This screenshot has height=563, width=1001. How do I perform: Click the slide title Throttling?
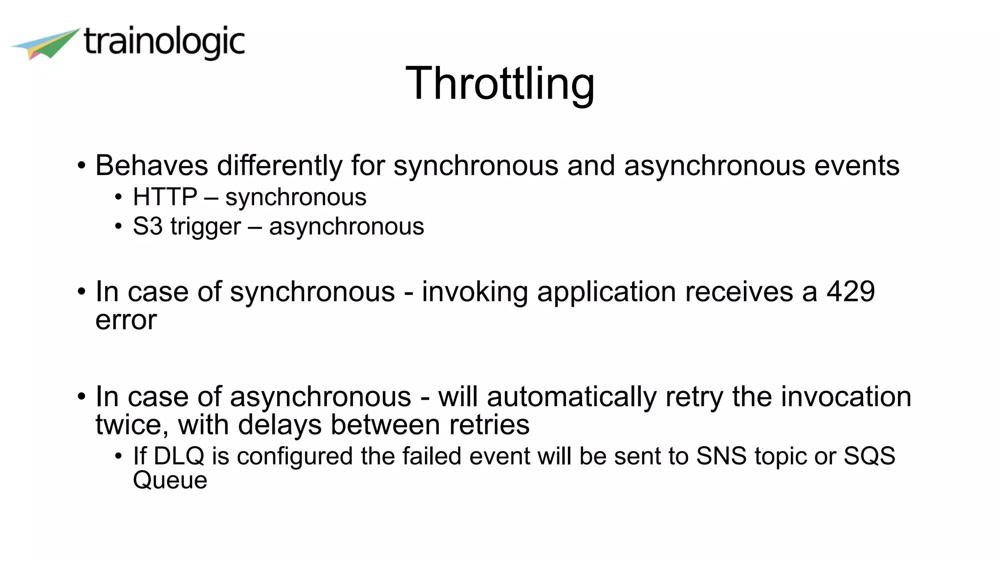500,84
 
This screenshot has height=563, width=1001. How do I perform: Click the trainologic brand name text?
164,43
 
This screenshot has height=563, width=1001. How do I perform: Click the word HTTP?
165,197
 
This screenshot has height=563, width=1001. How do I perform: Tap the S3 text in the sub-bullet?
147,226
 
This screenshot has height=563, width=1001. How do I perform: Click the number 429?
850,292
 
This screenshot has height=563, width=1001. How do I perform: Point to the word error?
126,321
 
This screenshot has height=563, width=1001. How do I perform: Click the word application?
607,292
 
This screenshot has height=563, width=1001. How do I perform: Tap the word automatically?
571,397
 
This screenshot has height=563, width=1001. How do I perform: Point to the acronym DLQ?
178,456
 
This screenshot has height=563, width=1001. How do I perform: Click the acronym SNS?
721,456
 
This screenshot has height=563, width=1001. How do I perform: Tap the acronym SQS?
869,456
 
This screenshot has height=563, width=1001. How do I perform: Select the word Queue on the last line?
170,480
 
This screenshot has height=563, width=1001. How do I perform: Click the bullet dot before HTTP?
118,198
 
